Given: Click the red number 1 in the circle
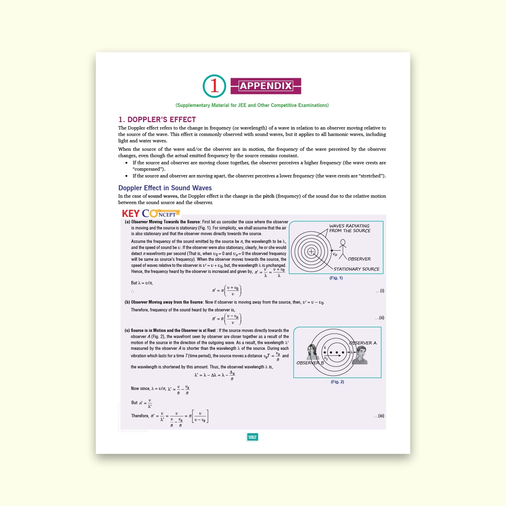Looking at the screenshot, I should coord(214,86).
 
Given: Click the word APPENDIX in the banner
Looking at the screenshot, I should coord(266,86).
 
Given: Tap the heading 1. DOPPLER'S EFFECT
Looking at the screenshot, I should coord(157,120).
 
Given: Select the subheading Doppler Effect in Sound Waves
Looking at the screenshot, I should coord(165,188).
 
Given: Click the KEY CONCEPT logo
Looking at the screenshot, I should coord(150,214).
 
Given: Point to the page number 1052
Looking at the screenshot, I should coord(252,437).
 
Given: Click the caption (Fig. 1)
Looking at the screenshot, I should coord(336,278).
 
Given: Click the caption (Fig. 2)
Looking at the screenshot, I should coord(337,382).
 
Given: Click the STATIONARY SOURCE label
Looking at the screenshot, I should coord(356,269).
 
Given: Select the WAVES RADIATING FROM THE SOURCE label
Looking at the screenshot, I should coord(349,228).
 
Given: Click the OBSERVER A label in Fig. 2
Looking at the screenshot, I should coord(363,343).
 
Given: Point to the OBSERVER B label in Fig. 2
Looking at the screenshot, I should coord(310,363).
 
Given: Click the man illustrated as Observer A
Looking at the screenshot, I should coord(360,356).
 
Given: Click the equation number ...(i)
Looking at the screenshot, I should coord(380,291).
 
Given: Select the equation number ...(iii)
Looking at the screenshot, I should coord(379,416).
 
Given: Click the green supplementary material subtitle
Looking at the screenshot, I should coord(252,105).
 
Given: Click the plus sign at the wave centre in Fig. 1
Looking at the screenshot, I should coord(311,251).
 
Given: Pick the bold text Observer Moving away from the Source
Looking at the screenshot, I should coord(167,302).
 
